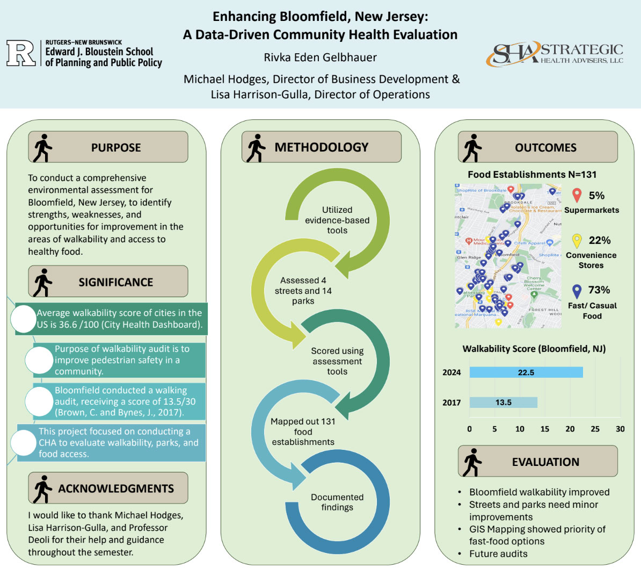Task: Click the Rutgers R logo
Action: pyautogui.click(x=21, y=53)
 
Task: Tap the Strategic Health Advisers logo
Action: pyautogui.click(x=555, y=54)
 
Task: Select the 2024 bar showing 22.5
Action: pyautogui.click(x=526, y=372)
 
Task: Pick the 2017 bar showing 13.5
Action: pyautogui.click(x=503, y=403)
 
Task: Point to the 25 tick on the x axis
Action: pyautogui.click(x=595, y=429)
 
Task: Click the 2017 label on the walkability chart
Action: pyautogui.click(x=451, y=403)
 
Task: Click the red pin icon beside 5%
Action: pyautogui.click(x=577, y=196)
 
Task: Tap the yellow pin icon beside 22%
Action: pyautogui.click(x=577, y=241)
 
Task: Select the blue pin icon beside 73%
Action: pyautogui.click(x=577, y=291)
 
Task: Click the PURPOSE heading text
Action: pyautogui.click(x=116, y=147)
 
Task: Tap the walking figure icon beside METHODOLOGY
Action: pyautogui.click(x=256, y=147)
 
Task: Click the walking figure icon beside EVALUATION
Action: pyautogui.click(x=472, y=462)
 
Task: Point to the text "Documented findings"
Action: pyautogui.click(x=337, y=502)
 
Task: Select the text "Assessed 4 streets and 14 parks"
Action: pyautogui.click(x=303, y=291)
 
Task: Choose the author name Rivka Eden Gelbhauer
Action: pyautogui.click(x=320, y=58)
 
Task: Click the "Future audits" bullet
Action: pyautogui.click(x=498, y=554)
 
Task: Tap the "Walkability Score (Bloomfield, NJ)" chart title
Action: pyautogui.click(x=534, y=349)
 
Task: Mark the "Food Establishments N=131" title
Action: pyautogui.click(x=532, y=175)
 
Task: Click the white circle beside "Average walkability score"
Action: pyautogui.click(x=24, y=319)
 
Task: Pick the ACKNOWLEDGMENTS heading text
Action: pyautogui.click(x=116, y=488)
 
